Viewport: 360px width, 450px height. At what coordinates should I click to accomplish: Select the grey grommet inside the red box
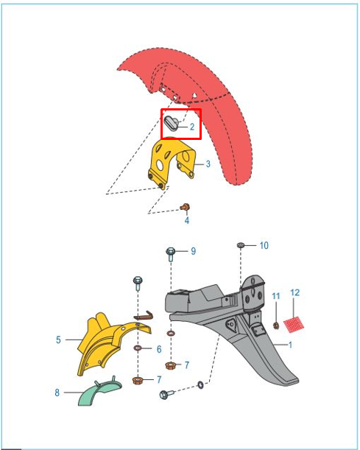[171, 123]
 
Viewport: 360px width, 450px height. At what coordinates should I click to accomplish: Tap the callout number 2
[192, 127]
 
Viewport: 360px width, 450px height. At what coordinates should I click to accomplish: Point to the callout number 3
[208, 164]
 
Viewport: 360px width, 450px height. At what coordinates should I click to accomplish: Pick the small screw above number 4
[185, 207]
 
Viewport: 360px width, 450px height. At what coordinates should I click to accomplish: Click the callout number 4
[187, 220]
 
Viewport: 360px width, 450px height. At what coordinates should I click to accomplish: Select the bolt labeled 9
[170, 254]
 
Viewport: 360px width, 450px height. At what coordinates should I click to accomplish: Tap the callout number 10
[264, 246]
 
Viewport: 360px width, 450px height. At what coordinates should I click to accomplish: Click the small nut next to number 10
[241, 245]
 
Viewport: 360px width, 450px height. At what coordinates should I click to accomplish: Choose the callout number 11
[276, 296]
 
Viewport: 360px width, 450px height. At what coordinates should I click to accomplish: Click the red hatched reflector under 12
[294, 325]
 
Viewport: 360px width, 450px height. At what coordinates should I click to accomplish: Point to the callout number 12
[295, 292]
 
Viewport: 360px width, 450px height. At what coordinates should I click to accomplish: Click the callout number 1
[290, 345]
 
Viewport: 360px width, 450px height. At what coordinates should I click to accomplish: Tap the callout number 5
[58, 340]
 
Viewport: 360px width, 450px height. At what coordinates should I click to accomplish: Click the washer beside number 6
[138, 348]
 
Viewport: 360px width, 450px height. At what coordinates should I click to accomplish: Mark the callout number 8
[57, 393]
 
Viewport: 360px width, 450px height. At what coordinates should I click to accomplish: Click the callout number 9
[194, 251]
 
